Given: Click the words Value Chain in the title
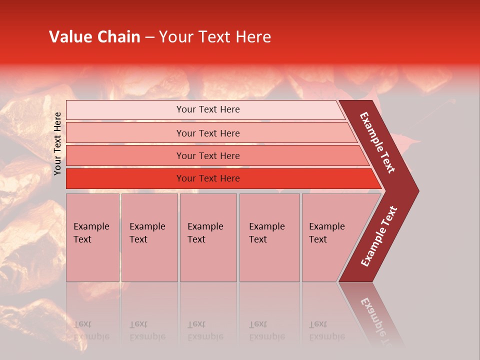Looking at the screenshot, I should (x=94, y=37).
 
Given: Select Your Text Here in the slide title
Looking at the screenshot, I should (x=215, y=37).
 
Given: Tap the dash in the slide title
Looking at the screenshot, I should (x=149, y=37).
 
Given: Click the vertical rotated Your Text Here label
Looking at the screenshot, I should (x=57, y=143).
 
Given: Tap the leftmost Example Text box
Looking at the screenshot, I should (x=92, y=237).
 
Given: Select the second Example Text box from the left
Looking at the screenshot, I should (x=149, y=237).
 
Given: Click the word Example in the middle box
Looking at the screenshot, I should (x=205, y=226).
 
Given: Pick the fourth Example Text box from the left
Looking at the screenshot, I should (x=269, y=237).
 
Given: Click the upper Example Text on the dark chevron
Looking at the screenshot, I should (x=377, y=142).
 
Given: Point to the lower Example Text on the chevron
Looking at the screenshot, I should (x=379, y=236).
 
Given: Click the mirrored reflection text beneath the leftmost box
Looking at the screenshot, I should (x=91, y=330).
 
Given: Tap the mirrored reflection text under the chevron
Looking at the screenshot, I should (x=377, y=320).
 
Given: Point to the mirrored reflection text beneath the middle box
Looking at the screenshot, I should (x=205, y=330).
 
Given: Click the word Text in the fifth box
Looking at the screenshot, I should (x=318, y=239).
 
